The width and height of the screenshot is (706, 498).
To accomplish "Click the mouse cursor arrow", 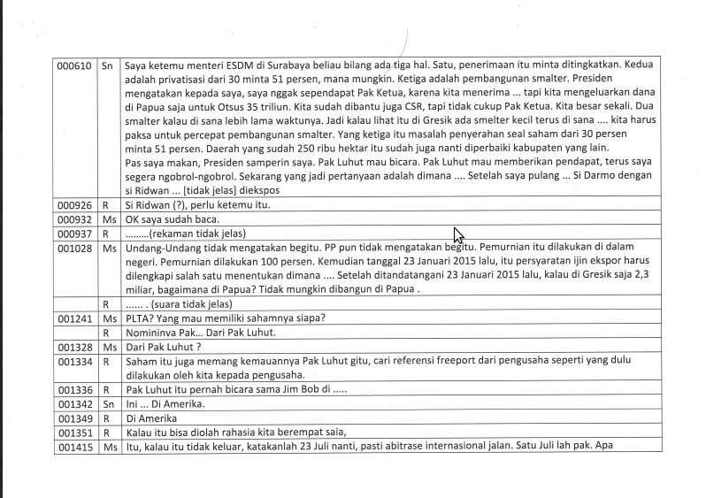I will click(x=458, y=235).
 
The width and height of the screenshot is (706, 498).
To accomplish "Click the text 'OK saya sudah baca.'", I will click(x=172, y=219).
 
